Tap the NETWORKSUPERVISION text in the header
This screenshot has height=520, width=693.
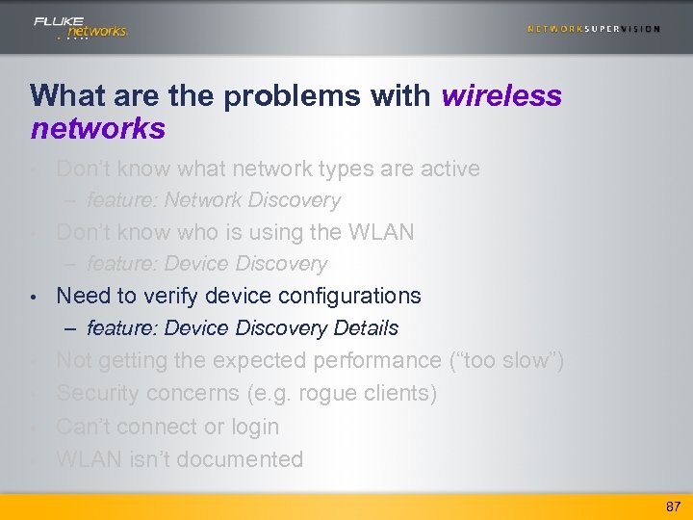(x=593, y=29)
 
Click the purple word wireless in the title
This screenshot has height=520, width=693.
(x=501, y=96)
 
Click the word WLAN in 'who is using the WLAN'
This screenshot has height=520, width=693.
(x=384, y=232)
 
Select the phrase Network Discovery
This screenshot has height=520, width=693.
(x=252, y=200)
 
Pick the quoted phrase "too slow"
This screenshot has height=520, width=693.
(x=506, y=361)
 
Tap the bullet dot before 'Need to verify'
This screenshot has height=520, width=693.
(x=34, y=297)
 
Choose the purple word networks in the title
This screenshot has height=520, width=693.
(x=98, y=128)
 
